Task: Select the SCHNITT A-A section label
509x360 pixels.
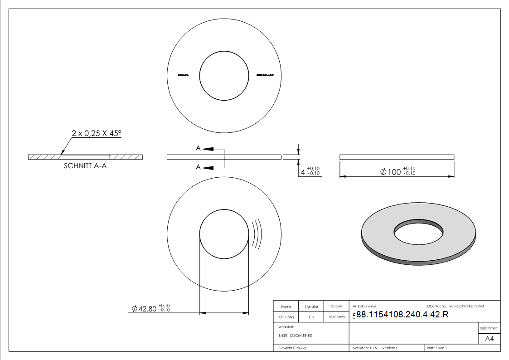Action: click(86, 166)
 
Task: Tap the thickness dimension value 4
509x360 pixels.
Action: click(303, 172)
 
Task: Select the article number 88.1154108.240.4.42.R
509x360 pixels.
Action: click(402, 315)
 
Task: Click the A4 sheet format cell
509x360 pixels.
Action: click(490, 339)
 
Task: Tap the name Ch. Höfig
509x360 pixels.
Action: click(286, 317)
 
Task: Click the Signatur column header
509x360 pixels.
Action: click(311, 306)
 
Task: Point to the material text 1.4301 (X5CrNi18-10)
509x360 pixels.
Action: click(296, 336)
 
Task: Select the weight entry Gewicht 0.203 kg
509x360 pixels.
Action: click(292, 348)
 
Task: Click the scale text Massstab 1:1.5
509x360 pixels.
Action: click(365, 348)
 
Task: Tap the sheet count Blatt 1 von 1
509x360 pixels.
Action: click(437, 348)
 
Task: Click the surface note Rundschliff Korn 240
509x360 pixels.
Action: click(466, 306)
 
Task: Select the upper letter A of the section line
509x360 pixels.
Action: click(198, 148)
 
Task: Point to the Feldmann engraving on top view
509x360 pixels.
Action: click(184, 75)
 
